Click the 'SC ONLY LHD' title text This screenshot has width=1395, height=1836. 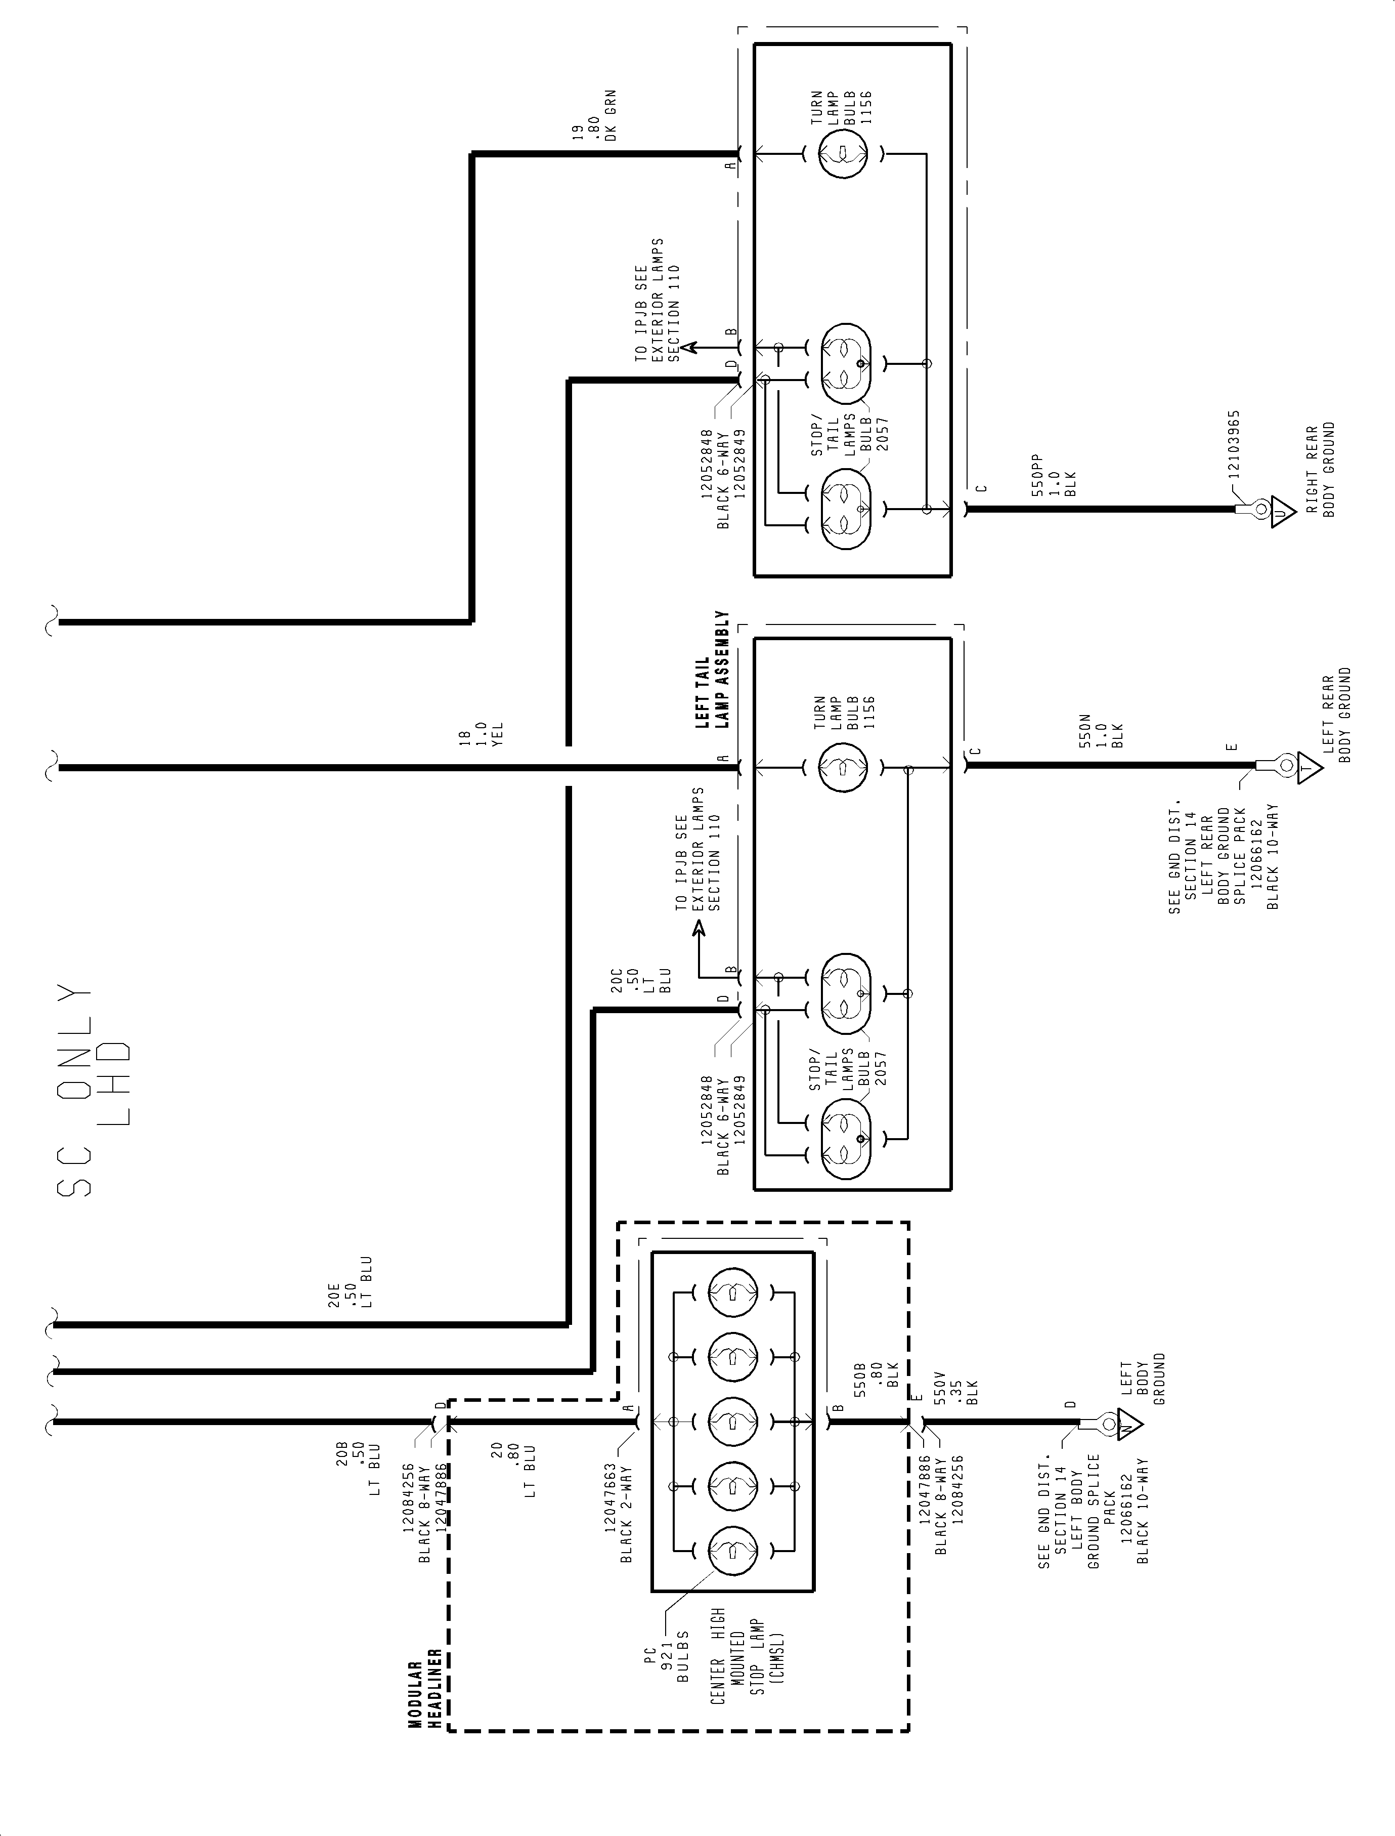click(93, 1089)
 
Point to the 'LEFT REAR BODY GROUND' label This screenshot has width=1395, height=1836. click(1336, 715)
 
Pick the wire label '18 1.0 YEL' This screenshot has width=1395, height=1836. click(482, 734)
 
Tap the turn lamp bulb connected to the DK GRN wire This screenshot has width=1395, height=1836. click(843, 154)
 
